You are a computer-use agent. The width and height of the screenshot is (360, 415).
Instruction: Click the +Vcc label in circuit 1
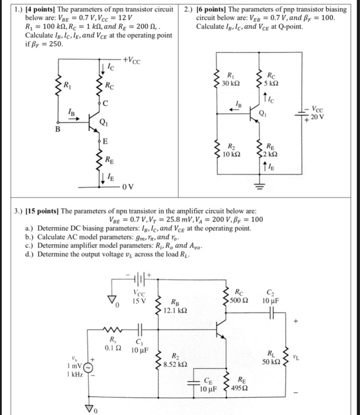pyautogui.click(x=132, y=60)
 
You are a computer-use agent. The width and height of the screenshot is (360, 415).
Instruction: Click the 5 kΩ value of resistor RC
pyautogui.click(x=272, y=83)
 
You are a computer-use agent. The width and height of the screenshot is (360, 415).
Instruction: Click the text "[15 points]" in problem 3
pyautogui.click(x=38, y=210)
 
